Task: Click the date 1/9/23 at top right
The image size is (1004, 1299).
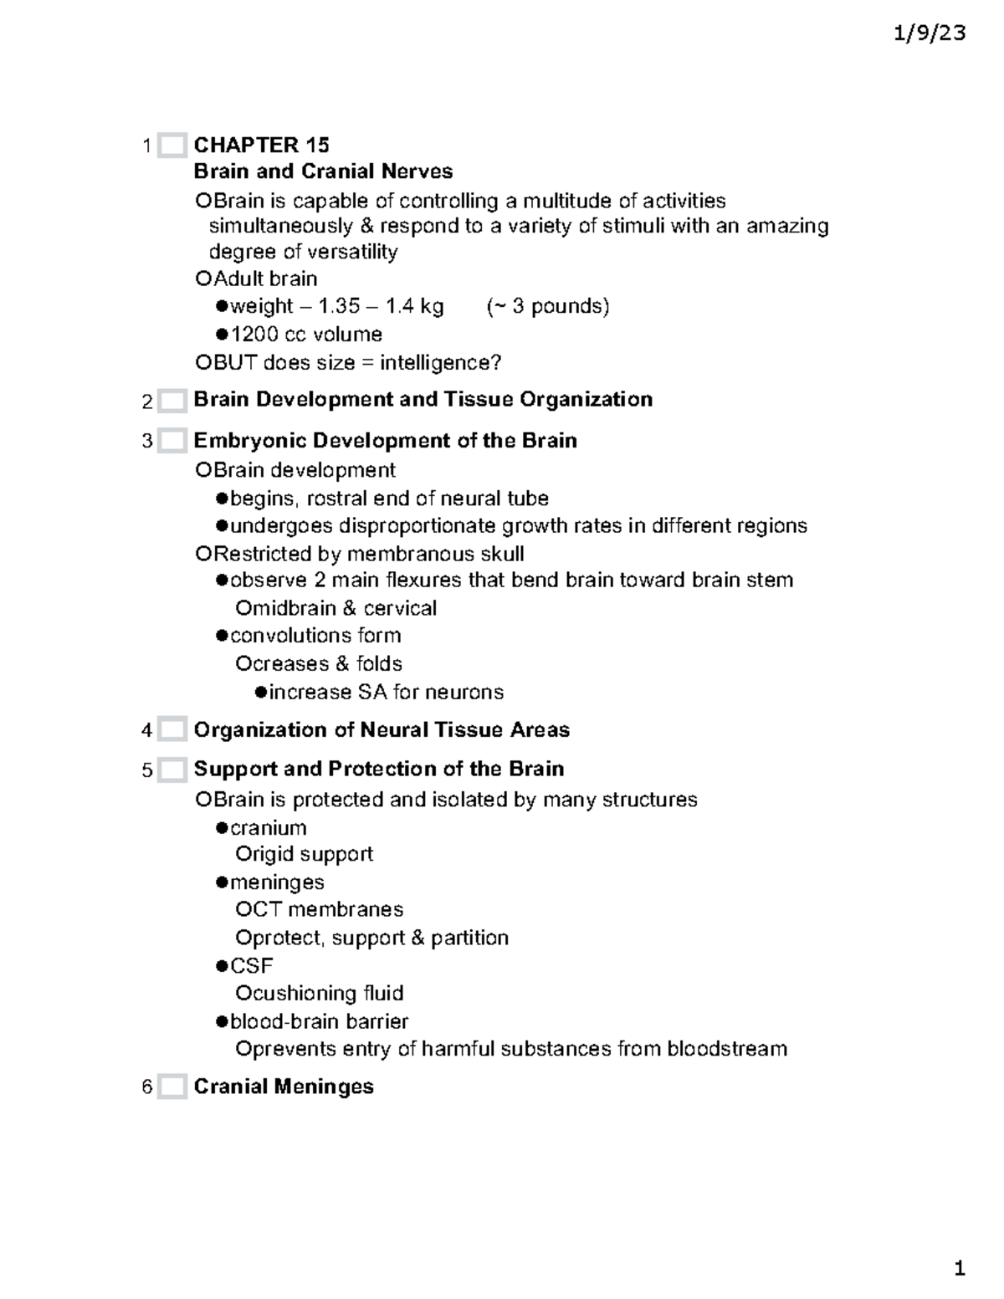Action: (929, 33)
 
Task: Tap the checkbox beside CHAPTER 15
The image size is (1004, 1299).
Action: (172, 146)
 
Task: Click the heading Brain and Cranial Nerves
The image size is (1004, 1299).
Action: (323, 171)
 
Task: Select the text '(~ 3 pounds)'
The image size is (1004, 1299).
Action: (548, 306)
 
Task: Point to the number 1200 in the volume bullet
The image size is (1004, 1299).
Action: (254, 335)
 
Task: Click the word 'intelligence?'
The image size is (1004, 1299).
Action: (440, 363)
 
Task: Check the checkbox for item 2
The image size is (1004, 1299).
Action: (172, 401)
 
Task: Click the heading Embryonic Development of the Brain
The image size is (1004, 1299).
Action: (385, 441)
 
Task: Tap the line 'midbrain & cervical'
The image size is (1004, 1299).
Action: (336, 608)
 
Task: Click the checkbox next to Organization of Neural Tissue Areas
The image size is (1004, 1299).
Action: (172, 730)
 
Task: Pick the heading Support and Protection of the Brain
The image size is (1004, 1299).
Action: (378, 769)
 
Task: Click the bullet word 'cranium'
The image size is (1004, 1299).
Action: (268, 828)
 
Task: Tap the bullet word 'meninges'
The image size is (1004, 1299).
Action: (277, 882)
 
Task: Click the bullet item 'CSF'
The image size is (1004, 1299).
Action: (251, 966)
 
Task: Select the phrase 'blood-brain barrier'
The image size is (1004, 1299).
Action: (319, 1021)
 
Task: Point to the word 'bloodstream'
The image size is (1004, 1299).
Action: (726, 1049)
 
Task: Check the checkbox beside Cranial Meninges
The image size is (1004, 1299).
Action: (172, 1087)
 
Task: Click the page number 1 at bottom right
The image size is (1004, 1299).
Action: (960, 1269)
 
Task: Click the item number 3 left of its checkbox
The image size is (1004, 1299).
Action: (147, 441)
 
